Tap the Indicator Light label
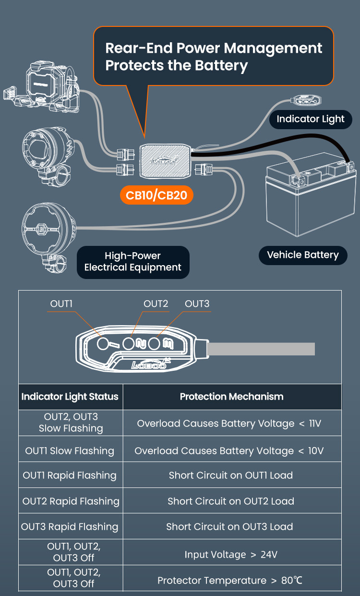click(311, 119)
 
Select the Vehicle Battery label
click(302, 255)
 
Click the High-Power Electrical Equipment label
click(133, 262)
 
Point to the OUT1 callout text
click(61, 304)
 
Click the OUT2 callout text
click(156, 304)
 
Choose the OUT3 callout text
click(197, 304)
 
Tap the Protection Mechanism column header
click(232, 397)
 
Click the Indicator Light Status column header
click(70, 397)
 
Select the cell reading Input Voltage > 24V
click(231, 555)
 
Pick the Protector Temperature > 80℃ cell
click(230, 580)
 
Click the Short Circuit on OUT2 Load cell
click(231, 501)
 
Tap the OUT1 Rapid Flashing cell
click(70, 475)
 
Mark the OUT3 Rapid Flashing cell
click(70, 526)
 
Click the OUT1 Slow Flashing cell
click(70, 450)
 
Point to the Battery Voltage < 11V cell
click(229, 424)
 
